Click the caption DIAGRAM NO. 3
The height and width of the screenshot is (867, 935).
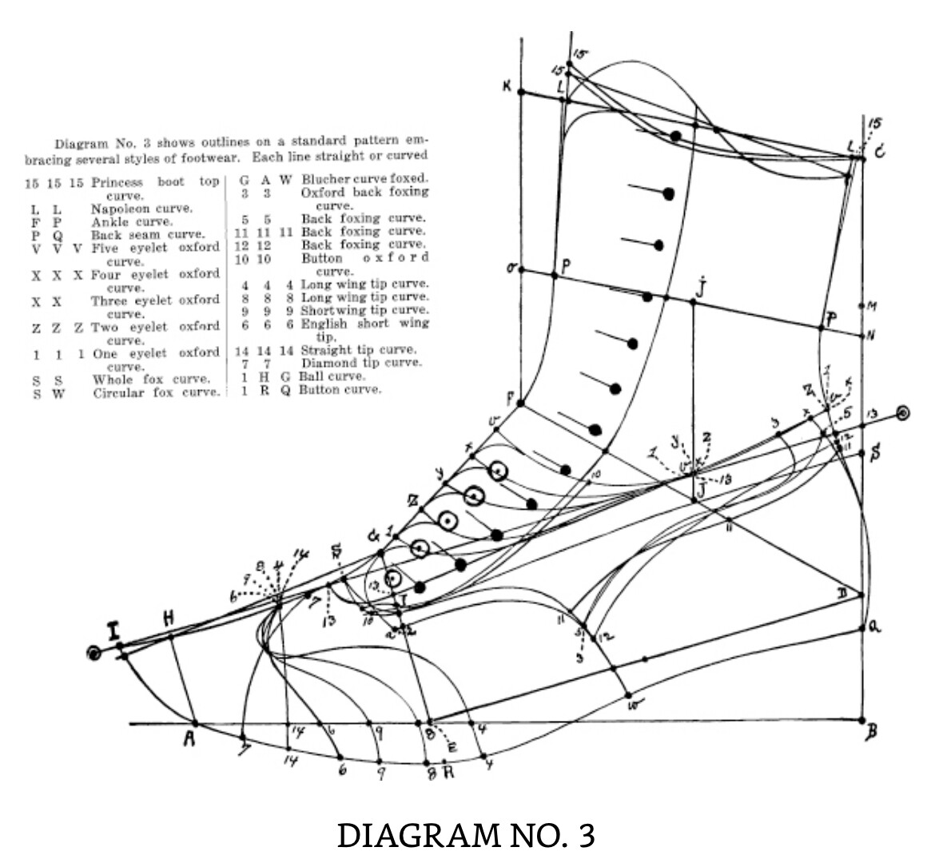[x=466, y=835]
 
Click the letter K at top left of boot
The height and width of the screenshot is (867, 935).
[x=507, y=86]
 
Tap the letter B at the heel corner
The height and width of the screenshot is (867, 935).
[x=871, y=730]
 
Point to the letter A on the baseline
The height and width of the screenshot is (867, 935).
[x=189, y=739]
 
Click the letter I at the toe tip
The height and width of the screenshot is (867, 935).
[x=116, y=631]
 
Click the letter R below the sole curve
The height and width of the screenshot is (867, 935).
[x=448, y=773]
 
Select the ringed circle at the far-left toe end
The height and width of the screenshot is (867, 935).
[x=94, y=654]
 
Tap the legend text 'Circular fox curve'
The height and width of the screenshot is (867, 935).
[x=155, y=393]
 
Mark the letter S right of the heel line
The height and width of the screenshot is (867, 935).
[x=876, y=453]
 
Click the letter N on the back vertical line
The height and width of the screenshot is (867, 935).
[x=871, y=335]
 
